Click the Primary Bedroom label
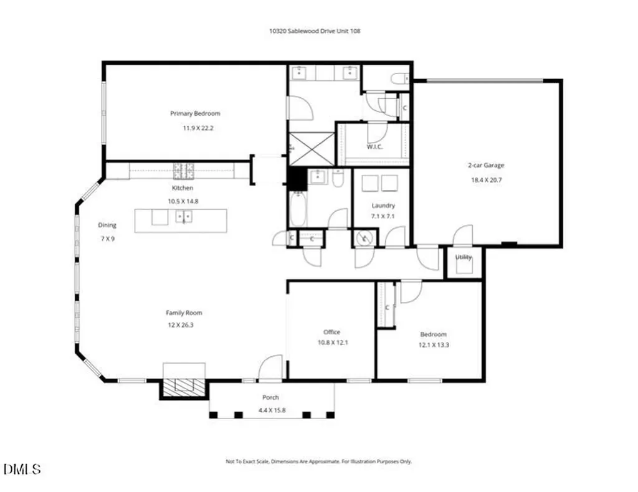point(195,113)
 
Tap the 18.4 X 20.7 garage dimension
point(486,180)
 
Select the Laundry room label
point(383,206)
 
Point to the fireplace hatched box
point(184,388)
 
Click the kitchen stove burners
point(184,171)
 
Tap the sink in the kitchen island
point(184,217)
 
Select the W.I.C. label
point(374,147)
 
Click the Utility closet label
point(464,257)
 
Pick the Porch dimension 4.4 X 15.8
point(272,410)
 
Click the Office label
point(331,332)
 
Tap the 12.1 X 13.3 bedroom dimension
point(434,345)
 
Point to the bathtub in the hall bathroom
point(298,209)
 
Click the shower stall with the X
point(312,149)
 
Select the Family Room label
point(184,313)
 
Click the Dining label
point(107,225)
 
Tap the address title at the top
point(315,31)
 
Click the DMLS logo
point(22,469)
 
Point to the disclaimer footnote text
point(318,461)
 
